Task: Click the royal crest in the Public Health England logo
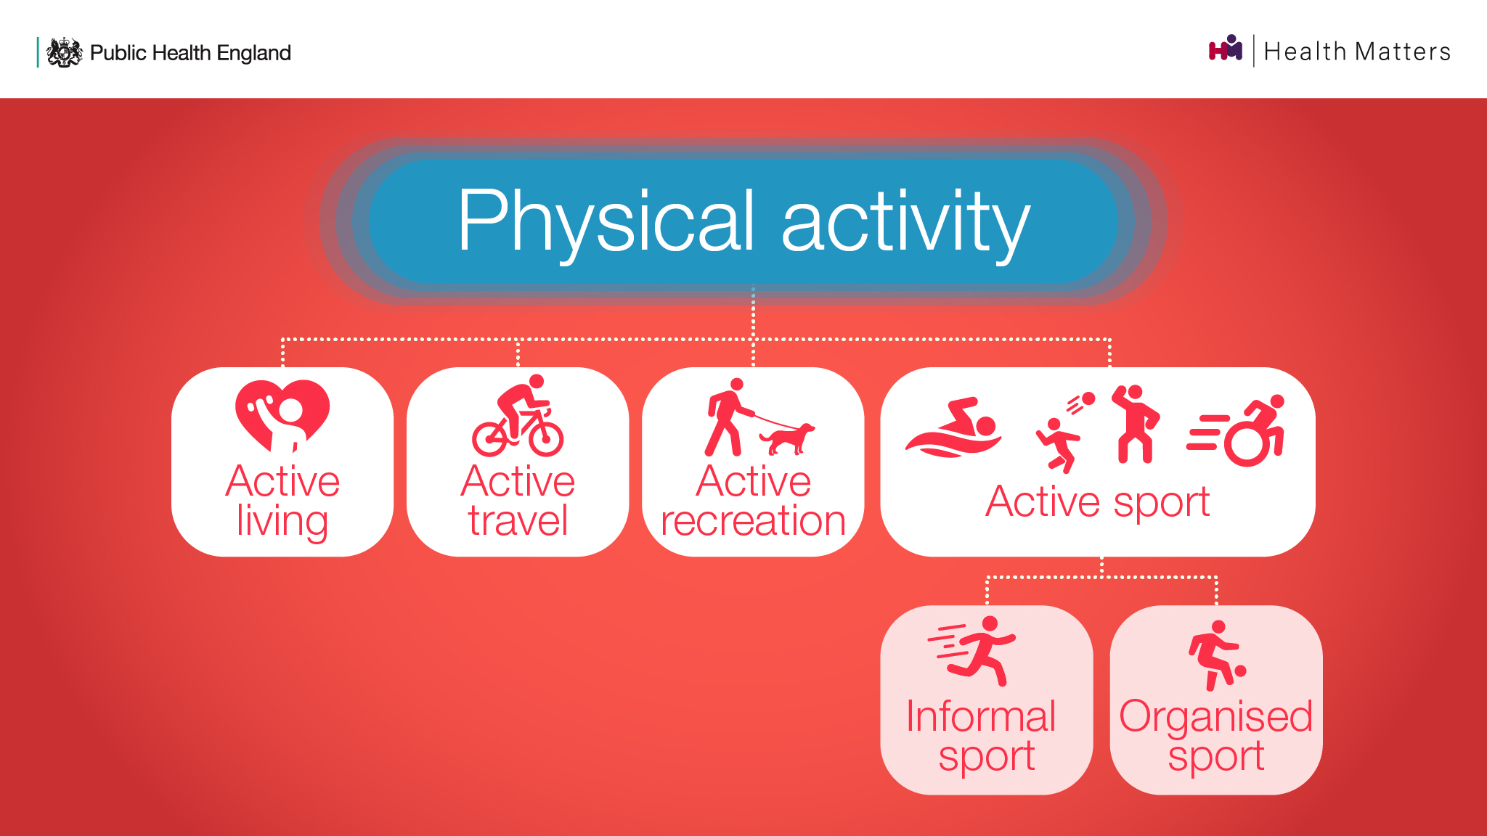[65, 52]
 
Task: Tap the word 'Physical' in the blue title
[606, 221]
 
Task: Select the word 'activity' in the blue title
[905, 221]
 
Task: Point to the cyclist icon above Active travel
[518, 415]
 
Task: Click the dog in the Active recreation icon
[787, 438]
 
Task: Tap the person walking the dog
[728, 417]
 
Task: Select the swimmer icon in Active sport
[953, 427]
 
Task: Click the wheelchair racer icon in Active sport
[1237, 430]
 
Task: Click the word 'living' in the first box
[282, 521]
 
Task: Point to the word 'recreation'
[753, 521]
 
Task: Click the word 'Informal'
[981, 716]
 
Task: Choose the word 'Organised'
[1216, 717]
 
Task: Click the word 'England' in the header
[253, 53]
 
